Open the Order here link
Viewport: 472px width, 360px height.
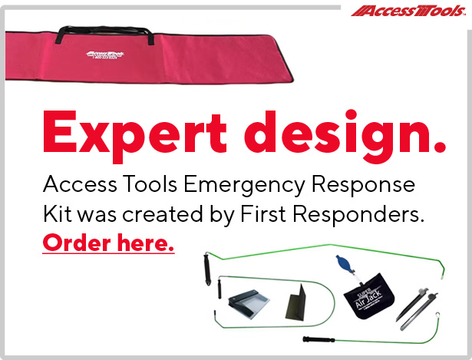[108, 245]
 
